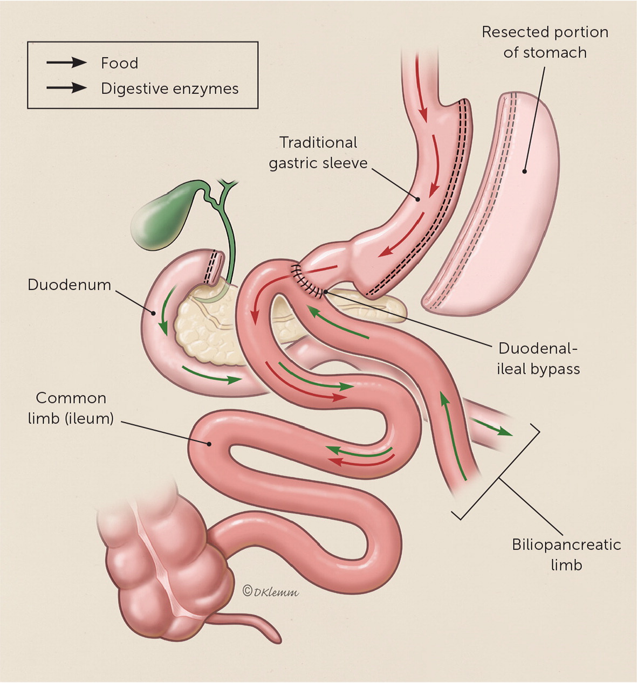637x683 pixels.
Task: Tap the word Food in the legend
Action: [119, 63]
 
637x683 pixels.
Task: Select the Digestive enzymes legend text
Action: [169, 88]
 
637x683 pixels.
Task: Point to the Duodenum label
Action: [69, 285]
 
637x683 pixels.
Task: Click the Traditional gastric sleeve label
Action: [318, 153]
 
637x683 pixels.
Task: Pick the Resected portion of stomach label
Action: [545, 42]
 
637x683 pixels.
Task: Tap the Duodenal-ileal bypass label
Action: [538, 358]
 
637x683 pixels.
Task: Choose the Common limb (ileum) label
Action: [71, 408]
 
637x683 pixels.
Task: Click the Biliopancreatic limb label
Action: [566, 554]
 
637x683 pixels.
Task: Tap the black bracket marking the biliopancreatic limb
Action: [502, 474]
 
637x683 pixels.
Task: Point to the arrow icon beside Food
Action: [66, 63]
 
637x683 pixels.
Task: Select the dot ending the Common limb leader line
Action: [209, 444]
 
